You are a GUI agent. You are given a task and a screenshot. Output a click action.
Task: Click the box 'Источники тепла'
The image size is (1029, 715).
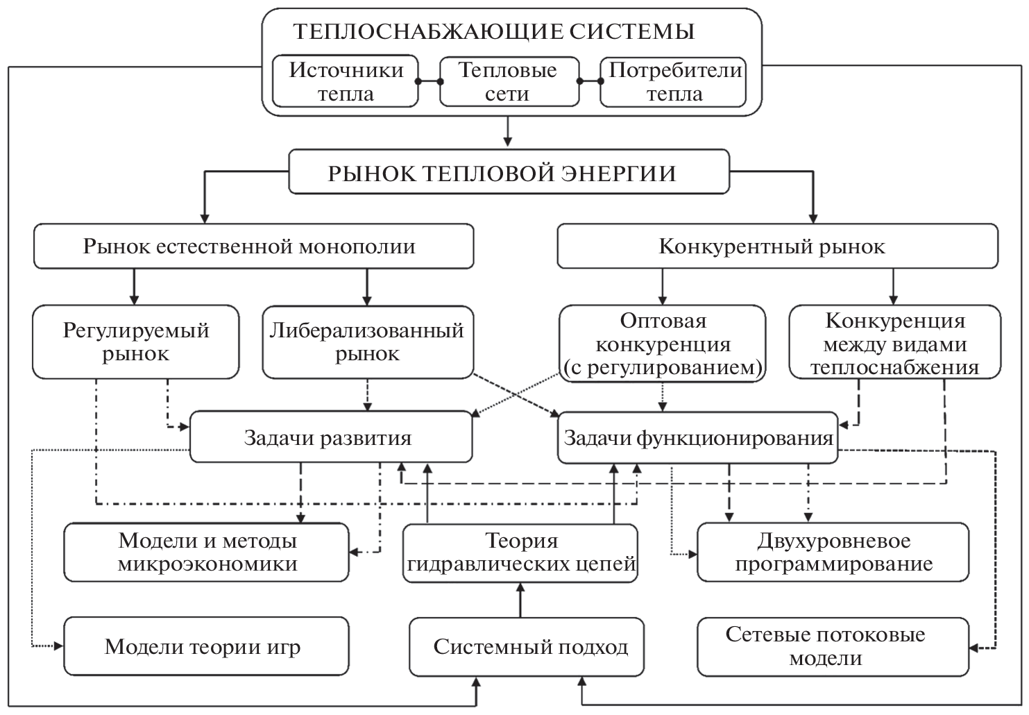point(346,82)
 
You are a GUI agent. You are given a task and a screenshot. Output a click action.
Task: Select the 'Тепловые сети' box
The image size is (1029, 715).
point(509,82)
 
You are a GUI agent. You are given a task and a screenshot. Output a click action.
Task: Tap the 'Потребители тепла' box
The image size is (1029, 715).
point(674,82)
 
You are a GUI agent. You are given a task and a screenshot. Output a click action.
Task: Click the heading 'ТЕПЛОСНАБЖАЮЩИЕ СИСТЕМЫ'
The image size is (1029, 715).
point(493,32)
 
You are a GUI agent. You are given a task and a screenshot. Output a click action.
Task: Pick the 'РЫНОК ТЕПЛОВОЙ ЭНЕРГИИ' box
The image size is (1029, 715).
point(509,172)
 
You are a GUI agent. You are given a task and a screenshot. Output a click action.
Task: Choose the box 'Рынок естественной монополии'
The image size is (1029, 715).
point(253,246)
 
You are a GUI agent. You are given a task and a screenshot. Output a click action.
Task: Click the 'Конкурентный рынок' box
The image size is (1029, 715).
point(777,246)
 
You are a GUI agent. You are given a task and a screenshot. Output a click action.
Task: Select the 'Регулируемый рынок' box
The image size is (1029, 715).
point(136,342)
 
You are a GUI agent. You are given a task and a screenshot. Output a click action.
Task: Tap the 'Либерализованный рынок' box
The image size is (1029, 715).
point(367,342)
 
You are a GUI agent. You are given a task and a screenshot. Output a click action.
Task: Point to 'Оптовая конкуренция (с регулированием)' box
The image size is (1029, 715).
point(662,344)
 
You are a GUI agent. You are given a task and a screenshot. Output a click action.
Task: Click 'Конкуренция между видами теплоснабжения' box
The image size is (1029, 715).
point(894,344)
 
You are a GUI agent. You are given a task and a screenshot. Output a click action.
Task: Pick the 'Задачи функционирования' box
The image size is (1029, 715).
point(697,437)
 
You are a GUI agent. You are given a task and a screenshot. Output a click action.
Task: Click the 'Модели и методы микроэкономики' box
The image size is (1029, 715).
point(207,552)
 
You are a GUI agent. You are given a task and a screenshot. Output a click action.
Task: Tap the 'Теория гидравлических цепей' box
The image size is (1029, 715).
point(520,552)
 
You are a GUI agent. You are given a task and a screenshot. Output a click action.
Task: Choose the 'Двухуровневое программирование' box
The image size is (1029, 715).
point(833,552)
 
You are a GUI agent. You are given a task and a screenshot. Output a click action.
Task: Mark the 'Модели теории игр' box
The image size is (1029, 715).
point(207,647)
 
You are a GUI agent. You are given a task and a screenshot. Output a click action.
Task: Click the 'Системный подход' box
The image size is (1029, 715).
point(530,647)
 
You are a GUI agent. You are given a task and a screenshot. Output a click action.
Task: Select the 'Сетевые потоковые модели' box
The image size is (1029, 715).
point(833,647)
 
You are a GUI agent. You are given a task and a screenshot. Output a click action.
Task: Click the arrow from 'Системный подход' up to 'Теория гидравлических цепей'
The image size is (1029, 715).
point(520,600)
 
